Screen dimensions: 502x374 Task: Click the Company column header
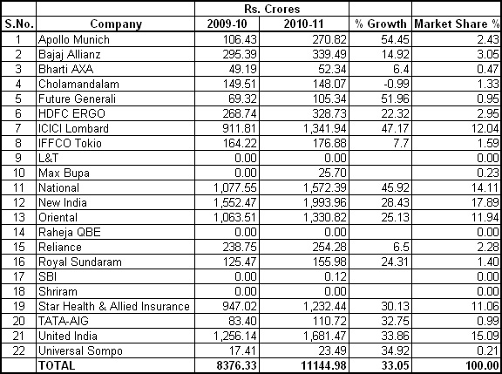(x=116, y=24)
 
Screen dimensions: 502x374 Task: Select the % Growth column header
(x=380, y=24)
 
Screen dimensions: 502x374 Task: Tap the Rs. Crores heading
(x=272, y=9)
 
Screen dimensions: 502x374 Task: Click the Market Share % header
(x=457, y=24)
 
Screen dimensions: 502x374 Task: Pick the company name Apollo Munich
(x=74, y=39)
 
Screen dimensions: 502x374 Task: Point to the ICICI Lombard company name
(x=73, y=128)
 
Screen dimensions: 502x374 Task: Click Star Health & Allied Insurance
(x=114, y=306)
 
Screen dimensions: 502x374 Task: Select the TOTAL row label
(x=57, y=365)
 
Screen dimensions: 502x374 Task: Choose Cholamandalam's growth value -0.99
(x=395, y=84)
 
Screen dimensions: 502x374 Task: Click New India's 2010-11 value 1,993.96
(x=325, y=202)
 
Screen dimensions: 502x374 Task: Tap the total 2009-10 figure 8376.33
(x=236, y=365)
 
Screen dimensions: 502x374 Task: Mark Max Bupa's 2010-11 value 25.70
(x=332, y=173)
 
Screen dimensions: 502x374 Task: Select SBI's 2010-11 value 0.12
(x=336, y=276)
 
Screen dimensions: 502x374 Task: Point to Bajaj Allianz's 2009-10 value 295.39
(x=240, y=54)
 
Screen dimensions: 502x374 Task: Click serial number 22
(x=18, y=350)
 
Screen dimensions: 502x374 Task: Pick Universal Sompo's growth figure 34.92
(x=395, y=350)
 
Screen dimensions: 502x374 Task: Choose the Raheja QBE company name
(x=70, y=232)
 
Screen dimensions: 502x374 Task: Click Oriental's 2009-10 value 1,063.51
(x=235, y=217)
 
